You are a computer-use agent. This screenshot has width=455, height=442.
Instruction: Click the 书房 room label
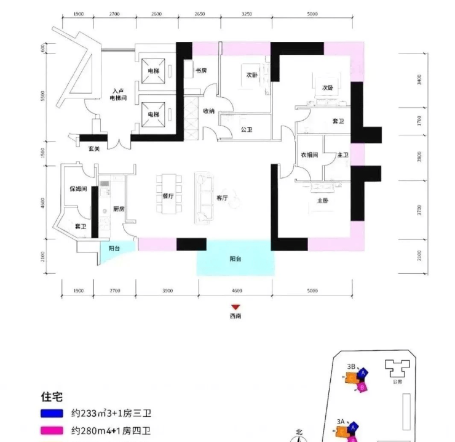pos(200,71)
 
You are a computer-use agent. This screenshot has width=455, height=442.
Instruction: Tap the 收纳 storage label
pos(208,111)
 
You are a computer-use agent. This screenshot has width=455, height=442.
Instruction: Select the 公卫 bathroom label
pos(247,130)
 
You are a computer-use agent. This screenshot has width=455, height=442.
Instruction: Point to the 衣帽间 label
pos(309,155)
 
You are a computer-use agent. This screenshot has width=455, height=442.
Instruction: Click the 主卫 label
pos(342,155)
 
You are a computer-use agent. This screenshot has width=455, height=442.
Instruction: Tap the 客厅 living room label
pos(223,198)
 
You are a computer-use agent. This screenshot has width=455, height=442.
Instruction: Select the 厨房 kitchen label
pos(119,209)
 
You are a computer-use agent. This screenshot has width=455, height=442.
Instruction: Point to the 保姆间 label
pos(77,189)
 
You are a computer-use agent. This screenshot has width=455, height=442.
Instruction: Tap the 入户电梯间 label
pos(119,94)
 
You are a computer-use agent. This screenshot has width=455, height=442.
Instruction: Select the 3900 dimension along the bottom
pos(167,291)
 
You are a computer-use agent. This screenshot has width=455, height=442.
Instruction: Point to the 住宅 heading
pos(52,397)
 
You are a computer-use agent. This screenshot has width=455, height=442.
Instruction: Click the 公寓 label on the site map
pos(397,381)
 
